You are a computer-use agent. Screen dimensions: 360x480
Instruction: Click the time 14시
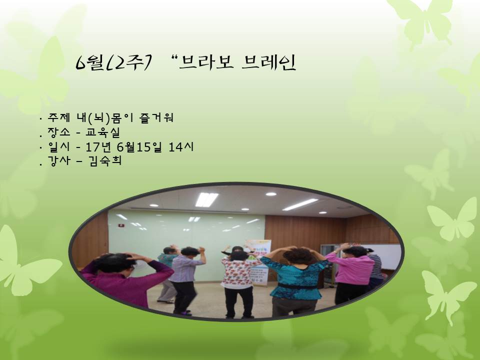pyautogui.click(x=183, y=148)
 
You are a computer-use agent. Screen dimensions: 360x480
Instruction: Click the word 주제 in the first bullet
pyautogui.click(x=56, y=119)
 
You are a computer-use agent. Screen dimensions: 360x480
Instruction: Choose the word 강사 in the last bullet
pyautogui.click(x=56, y=162)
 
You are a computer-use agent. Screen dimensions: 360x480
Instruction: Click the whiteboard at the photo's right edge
pyautogui.click(x=387, y=255)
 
